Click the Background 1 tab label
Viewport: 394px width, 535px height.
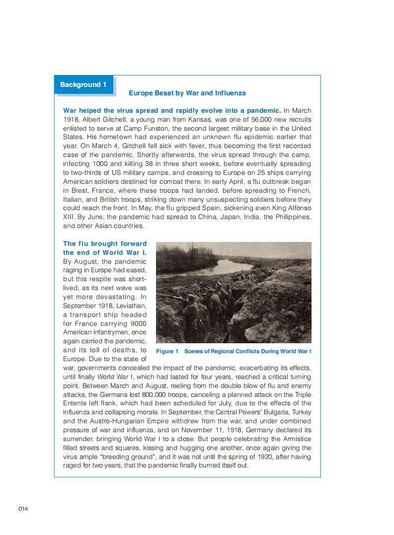pos(83,85)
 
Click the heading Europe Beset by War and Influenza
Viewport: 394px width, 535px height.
pos(187,93)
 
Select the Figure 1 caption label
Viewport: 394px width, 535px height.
pos(167,351)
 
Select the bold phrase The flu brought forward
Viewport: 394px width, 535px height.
pos(105,243)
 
